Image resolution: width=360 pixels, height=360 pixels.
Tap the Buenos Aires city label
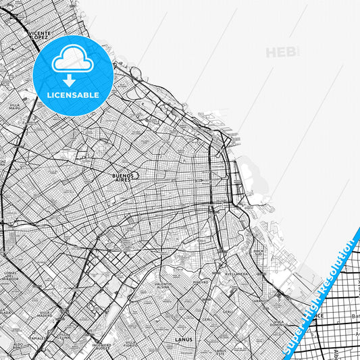click(123, 178)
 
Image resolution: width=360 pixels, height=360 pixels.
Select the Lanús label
click(183, 339)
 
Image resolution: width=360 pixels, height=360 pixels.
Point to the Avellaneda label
click(236, 274)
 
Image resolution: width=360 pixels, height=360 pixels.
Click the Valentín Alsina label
click(163, 286)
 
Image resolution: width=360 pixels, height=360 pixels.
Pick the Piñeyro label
click(201, 282)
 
